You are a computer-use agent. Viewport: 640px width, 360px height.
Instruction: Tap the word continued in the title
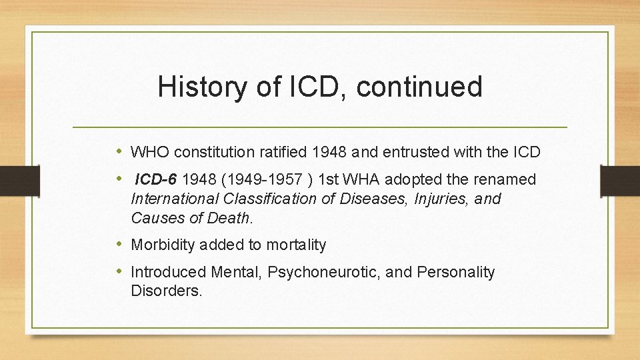coord(419,87)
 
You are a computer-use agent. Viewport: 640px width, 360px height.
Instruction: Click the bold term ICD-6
coord(157,179)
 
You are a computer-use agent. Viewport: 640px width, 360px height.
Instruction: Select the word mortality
coord(296,245)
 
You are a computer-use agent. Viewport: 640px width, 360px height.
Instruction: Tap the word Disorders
coord(166,291)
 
